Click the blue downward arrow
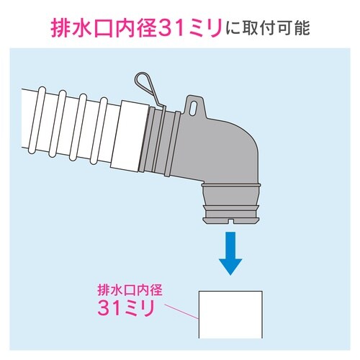coord(230,253)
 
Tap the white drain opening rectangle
coord(230,315)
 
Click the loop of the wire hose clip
coord(142,81)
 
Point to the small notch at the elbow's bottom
coord(230,220)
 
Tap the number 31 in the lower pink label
coord(110,308)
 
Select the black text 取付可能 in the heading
coord(276,29)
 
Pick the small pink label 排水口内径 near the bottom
coord(130,289)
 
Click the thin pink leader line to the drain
coord(181,312)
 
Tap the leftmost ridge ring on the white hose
coord(37,120)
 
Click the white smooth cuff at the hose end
coord(130,135)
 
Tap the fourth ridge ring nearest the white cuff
coord(98,131)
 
